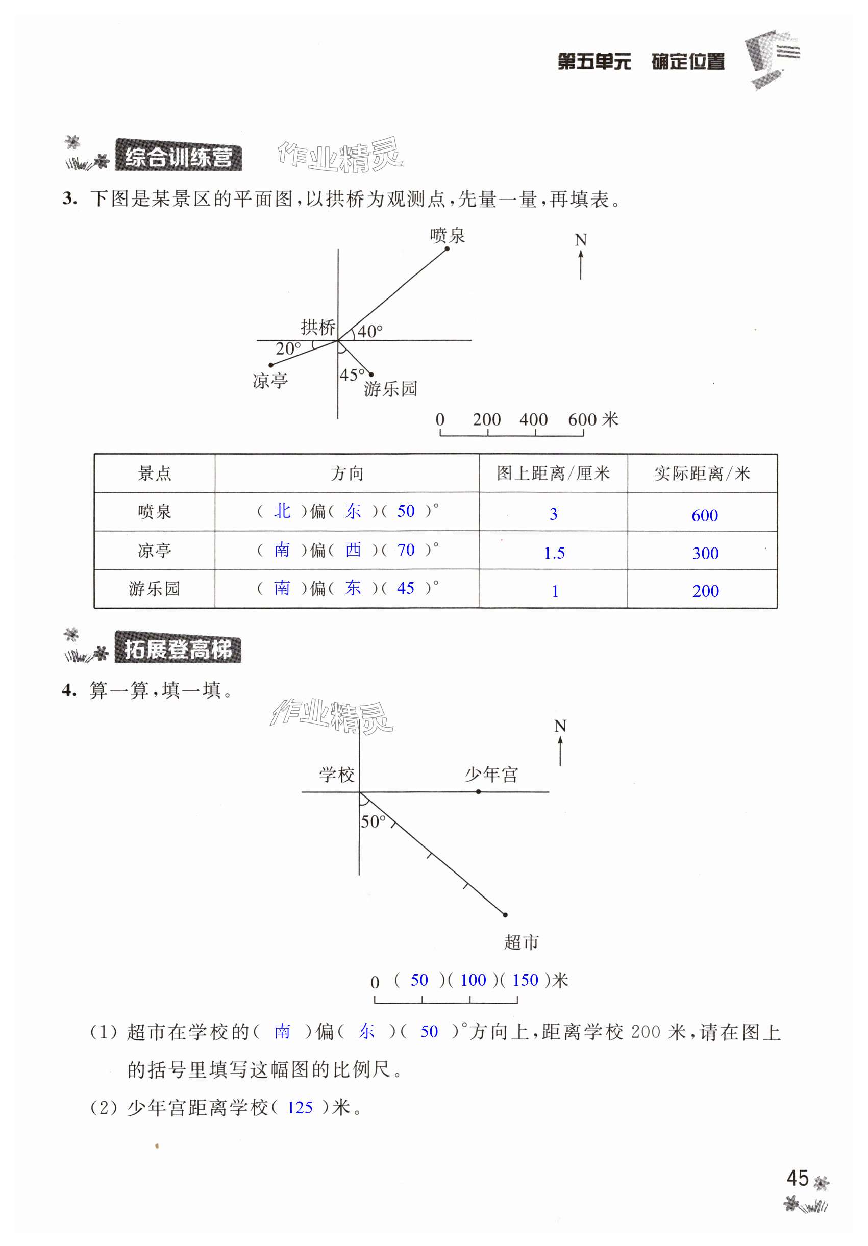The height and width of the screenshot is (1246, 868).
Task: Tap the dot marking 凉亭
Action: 271,365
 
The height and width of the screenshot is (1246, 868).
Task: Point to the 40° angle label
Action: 369,331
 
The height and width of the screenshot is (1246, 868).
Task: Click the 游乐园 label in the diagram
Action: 390,389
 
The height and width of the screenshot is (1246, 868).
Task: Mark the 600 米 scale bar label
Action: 592,419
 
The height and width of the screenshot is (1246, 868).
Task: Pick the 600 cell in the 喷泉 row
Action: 704,515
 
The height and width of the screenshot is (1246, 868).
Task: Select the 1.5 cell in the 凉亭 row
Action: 554,553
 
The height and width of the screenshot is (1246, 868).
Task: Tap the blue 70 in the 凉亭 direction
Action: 406,550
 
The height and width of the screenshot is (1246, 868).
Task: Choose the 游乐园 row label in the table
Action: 154,589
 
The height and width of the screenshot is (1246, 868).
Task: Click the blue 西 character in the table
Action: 353,550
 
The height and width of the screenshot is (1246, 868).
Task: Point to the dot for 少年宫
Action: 478,792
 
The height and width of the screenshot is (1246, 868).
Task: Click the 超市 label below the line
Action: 521,942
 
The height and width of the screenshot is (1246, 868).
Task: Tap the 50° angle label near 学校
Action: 373,821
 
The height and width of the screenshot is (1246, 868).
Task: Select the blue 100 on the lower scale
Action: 473,980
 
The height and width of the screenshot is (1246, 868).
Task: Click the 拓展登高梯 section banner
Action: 178,650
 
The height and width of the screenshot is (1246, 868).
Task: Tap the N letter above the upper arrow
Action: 580,240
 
